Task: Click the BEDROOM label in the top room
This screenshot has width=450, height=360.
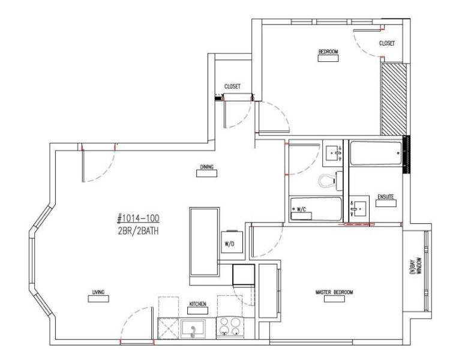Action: (x=328, y=52)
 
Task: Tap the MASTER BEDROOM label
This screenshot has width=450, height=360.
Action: (x=334, y=292)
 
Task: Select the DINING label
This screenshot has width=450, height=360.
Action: (x=207, y=167)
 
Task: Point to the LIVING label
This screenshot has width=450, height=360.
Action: (x=98, y=292)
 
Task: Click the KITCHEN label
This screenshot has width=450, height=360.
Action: (x=198, y=304)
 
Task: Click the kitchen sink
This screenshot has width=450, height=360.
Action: (x=192, y=329)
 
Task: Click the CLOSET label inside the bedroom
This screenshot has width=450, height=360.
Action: (x=387, y=43)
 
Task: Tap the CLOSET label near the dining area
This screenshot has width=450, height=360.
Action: (x=232, y=86)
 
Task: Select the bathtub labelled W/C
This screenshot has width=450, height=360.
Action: (x=316, y=210)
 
